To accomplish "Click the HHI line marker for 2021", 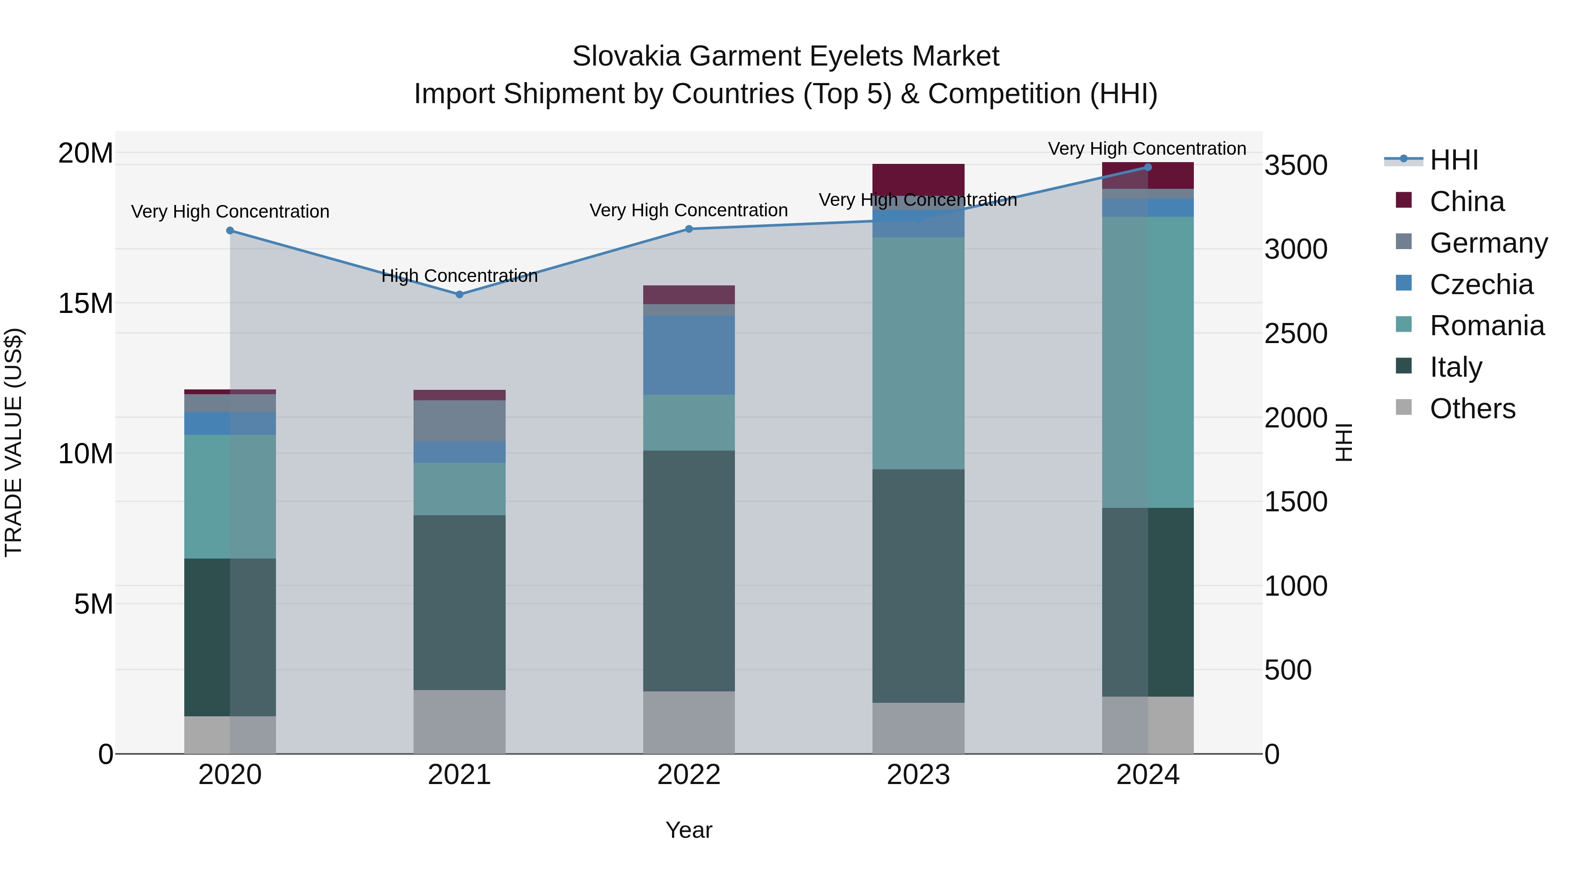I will click(459, 295).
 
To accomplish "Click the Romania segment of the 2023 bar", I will click(918, 353).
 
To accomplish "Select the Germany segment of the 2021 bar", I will click(459, 421).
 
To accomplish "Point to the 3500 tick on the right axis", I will click(1295, 166).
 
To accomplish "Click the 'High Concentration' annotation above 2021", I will click(459, 276).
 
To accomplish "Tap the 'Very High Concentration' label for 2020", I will click(230, 212).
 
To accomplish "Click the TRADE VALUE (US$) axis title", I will click(14, 442).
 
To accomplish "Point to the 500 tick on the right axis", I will click(1288, 670).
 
